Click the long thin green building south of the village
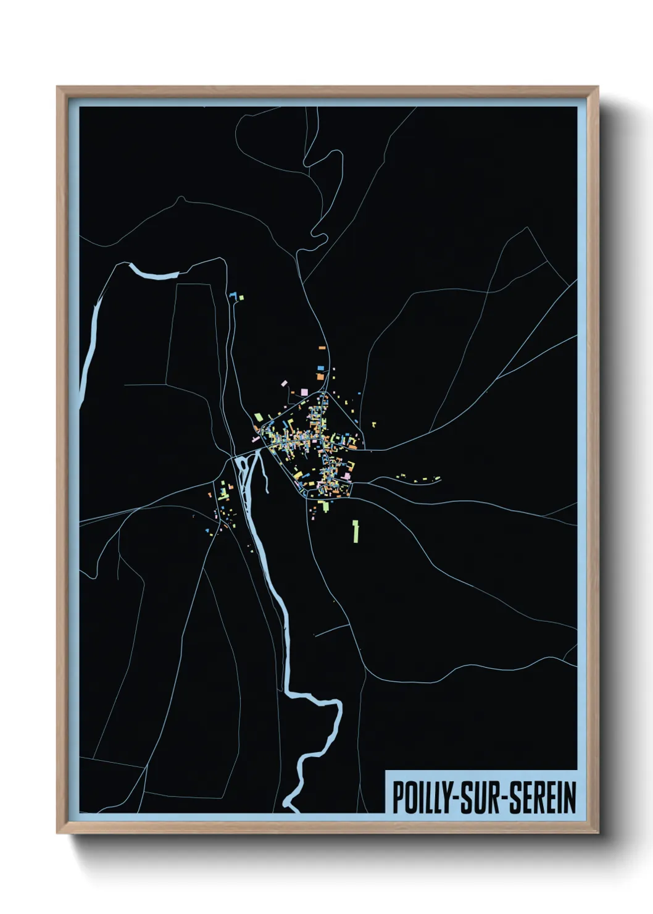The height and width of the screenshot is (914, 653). point(356,530)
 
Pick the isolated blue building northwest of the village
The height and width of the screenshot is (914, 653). point(233,296)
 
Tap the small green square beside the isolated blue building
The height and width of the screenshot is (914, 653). point(241,298)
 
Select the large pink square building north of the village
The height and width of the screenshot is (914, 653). point(304,391)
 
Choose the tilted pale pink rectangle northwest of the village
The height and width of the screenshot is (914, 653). point(285,384)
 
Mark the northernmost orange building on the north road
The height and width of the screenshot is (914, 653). point(322,348)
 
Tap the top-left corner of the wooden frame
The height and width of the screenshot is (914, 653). point(58,88)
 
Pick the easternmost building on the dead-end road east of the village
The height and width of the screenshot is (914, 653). point(437,478)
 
